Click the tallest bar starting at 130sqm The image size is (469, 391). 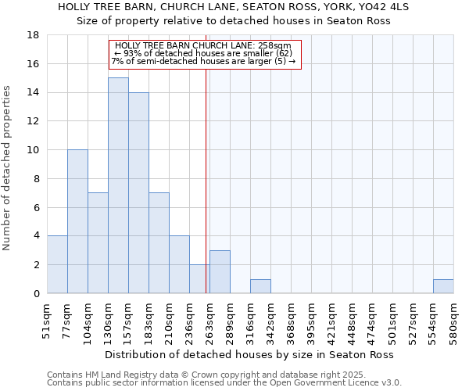tap(118, 185)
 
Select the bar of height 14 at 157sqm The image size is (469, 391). tap(138, 192)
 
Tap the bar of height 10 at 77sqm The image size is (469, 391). tap(77, 221)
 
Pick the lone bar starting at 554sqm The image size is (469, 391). tap(443, 286)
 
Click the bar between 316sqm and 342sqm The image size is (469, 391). tap(260, 286)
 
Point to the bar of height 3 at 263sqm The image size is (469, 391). tap(220, 271)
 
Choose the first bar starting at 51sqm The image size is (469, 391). tap(57, 264)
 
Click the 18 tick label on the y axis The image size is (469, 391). tap(34, 35)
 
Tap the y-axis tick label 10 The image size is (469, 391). tap(34, 150)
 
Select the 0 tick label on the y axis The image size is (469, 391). tap(37, 293)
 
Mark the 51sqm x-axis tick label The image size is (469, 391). tap(47, 319)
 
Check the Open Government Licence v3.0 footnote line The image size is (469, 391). tap(224, 383)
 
